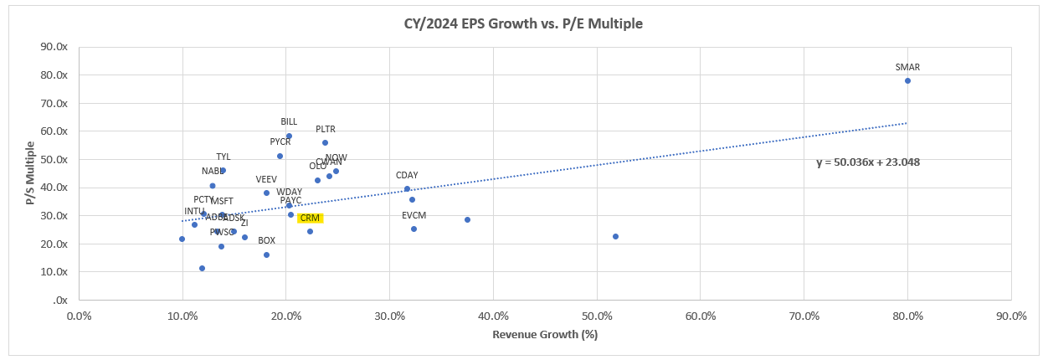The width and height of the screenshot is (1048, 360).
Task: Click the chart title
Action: (523, 23)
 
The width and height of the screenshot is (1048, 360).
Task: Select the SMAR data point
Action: (907, 80)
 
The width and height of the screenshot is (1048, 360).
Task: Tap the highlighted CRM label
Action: (310, 219)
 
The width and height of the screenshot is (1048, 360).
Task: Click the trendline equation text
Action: (868, 162)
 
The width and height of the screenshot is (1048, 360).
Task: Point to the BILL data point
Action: (289, 136)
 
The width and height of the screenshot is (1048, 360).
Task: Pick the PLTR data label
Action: (326, 130)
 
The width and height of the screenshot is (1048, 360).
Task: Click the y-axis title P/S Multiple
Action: (30, 172)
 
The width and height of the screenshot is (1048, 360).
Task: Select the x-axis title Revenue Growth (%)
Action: (545, 334)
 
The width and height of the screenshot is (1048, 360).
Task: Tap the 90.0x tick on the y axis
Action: (54, 47)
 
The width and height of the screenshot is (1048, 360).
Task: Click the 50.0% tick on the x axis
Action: (597, 316)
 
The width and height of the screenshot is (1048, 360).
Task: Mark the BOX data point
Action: (266, 255)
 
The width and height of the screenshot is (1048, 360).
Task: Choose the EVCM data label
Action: (414, 216)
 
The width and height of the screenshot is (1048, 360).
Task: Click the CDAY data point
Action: (407, 188)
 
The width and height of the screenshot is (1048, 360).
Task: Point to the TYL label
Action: (223, 157)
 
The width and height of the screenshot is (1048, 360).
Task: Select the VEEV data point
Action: (266, 193)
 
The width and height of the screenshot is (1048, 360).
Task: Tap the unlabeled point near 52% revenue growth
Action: (615, 236)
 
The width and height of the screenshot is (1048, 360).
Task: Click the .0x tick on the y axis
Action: (60, 300)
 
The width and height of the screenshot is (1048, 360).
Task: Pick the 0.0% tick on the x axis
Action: (79, 316)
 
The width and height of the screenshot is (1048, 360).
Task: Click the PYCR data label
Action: (280, 141)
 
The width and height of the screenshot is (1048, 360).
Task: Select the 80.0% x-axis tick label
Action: (907, 316)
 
